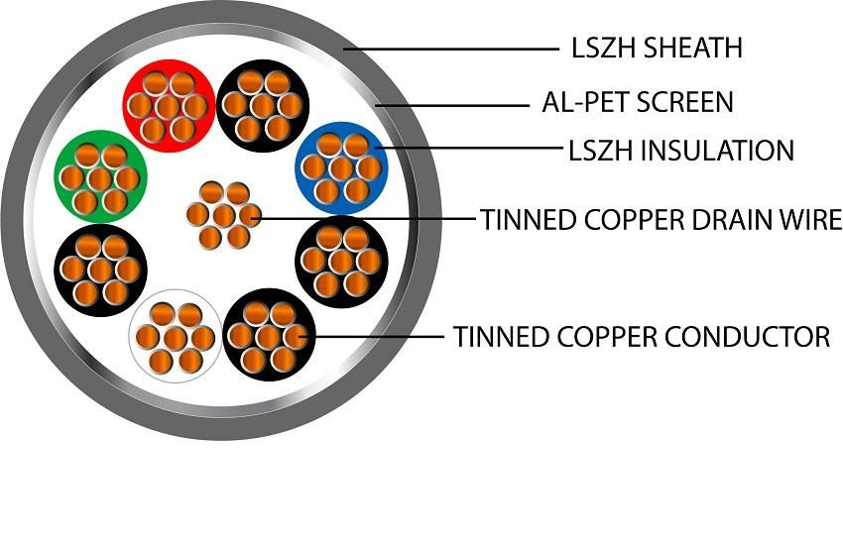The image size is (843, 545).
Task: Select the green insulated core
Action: (100, 179)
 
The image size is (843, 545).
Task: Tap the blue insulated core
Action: (341, 168)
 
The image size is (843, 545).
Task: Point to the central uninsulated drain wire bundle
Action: (223, 215)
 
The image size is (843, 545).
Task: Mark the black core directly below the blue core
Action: (341, 261)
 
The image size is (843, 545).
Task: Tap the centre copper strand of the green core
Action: (100, 179)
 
